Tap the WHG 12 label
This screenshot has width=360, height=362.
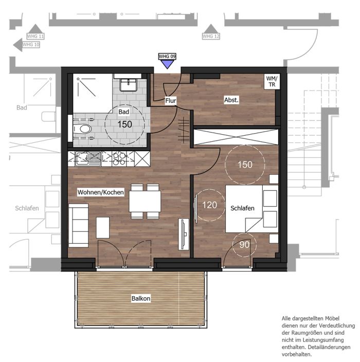[x=210, y=36]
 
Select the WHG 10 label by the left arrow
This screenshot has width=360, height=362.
[x=31, y=45]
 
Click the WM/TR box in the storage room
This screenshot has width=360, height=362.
[x=272, y=81]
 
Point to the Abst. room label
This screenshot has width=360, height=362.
[x=231, y=100]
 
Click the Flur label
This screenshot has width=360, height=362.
[x=171, y=101]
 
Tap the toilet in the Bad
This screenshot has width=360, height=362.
[x=81, y=129]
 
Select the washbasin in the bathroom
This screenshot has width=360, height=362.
[x=129, y=85]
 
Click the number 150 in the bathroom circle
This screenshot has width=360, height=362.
[x=124, y=124]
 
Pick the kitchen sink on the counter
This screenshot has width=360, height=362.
[x=88, y=159]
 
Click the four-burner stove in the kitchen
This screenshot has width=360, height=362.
[x=119, y=159]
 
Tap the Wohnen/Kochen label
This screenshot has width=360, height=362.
[x=100, y=192]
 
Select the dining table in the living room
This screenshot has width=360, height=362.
[x=145, y=201]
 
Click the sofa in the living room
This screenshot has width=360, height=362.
[x=79, y=225]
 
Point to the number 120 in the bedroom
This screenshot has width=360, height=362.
[x=210, y=205]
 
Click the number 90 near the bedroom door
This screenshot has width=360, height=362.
[x=244, y=245]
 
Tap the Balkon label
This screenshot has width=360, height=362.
[x=141, y=298]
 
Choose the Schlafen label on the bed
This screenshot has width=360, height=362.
[x=242, y=208]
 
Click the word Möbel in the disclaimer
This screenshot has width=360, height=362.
[x=332, y=319]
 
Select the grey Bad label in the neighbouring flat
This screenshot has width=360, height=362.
[x=22, y=107]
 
